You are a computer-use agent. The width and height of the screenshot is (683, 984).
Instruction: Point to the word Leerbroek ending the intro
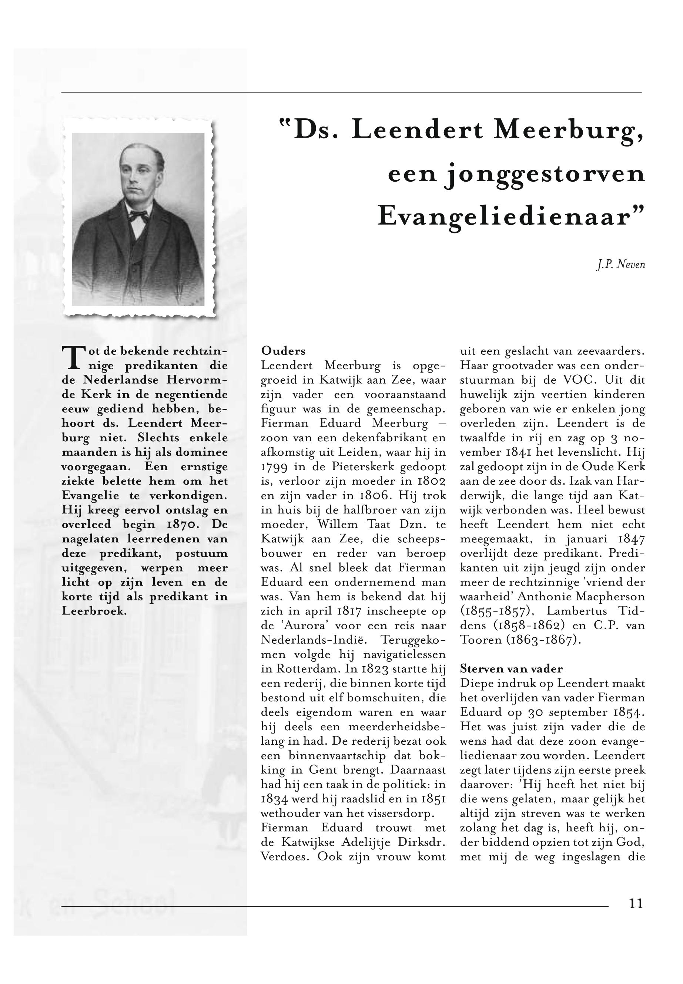94,611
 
